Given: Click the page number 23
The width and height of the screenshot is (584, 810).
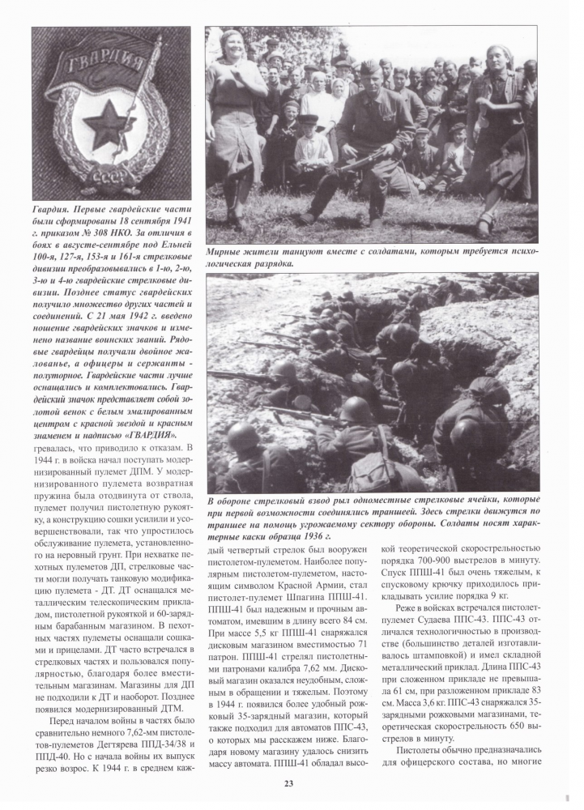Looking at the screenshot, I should (289, 782).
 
